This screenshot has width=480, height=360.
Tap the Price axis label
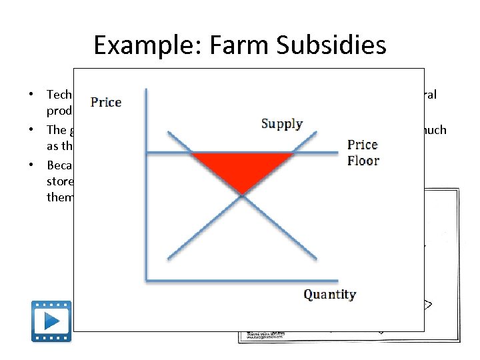(x=106, y=102)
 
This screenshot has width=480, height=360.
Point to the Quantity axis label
(x=329, y=295)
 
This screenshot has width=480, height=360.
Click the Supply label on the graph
(x=282, y=124)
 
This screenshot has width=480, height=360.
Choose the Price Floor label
(x=363, y=153)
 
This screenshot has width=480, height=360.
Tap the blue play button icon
(x=51, y=321)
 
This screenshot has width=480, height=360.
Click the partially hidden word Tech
(x=59, y=95)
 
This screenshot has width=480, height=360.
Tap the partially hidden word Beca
(x=59, y=164)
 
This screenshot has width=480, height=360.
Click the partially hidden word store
(x=59, y=181)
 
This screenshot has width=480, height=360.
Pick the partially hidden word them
(x=59, y=197)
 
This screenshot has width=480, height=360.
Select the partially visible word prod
(x=59, y=111)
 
